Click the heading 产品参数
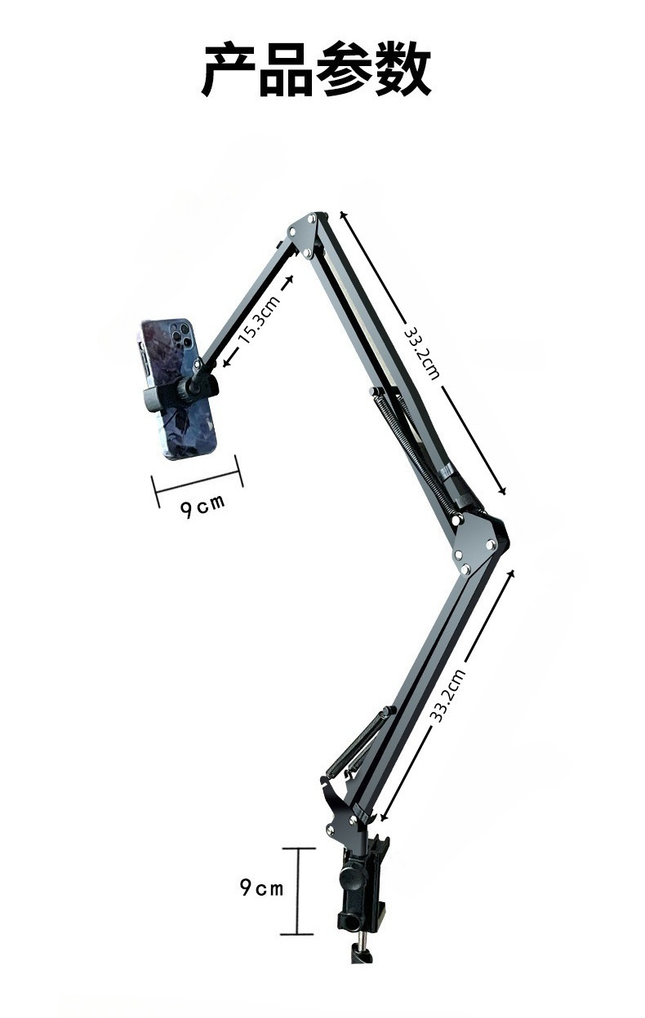[317, 69]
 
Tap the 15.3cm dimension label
[258, 320]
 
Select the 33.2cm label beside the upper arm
[421, 354]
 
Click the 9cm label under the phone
[202, 507]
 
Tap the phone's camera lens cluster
[181, 335]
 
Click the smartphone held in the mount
[176, 388]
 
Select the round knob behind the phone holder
[185, 390]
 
